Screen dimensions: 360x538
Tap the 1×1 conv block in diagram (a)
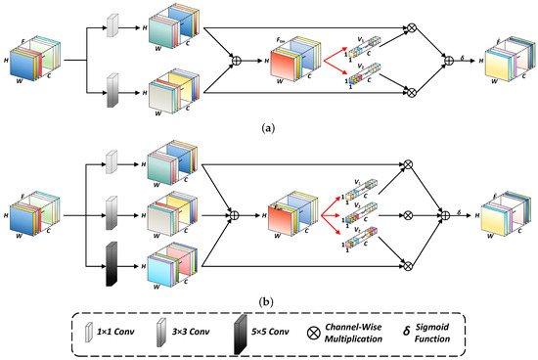point(111,27)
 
